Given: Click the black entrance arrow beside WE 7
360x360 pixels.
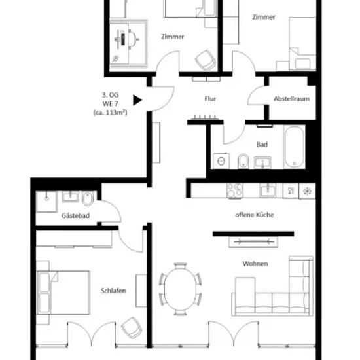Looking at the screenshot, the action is (x=137, y=100).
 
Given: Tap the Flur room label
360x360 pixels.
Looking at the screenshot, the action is (x=210, y=99).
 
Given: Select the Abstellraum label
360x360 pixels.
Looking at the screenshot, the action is (x=291, y=99).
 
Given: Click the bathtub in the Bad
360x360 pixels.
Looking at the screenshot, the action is (x=295, y=146).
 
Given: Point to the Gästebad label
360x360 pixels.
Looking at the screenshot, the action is (x=75, y=215).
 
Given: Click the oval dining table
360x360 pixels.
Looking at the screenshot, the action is (x=180, y=289).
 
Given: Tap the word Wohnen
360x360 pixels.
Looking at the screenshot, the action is (x=255, y=264).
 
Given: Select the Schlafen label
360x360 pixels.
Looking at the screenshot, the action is (x=113, y=291).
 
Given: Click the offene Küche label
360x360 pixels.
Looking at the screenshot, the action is (x=255, y=215).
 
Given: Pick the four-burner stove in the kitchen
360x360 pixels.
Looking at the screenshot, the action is (x=234, y=190).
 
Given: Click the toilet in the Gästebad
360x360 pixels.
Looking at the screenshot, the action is (x=88, y=198).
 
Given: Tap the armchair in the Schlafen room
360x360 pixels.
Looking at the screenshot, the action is (x=132, y=328).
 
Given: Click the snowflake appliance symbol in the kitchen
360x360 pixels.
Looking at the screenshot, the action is (x=307, y=190).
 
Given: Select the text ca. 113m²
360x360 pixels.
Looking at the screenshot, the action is (x=110, y=113).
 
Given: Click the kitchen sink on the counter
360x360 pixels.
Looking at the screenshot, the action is (x=268, y=190).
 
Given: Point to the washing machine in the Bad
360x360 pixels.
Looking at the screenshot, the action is (x=221, y=161).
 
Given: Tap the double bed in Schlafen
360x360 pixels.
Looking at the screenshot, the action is (x=63, y=293).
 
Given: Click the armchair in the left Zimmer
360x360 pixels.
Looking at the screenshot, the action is (x=206, y=60).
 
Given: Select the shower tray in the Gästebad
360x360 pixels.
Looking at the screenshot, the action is (x=46, y=202).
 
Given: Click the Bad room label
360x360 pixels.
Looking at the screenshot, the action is (x=262, y=145).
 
